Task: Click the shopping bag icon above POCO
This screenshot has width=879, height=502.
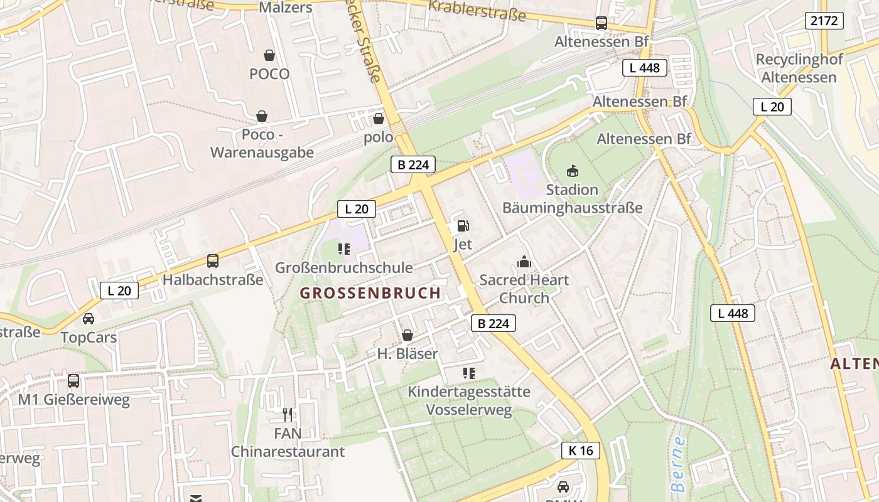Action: coord(269,55)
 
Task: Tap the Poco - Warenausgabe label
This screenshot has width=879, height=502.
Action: coord(262,144)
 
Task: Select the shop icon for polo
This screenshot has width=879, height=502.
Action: coord(379,119)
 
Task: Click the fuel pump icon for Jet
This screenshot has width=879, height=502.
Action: coord(463,226)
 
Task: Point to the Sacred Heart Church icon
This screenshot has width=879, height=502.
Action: coord(524,262)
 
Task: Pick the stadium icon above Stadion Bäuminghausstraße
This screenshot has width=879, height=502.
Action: coord(573,171)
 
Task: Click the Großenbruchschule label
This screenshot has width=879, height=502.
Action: coord(344,268)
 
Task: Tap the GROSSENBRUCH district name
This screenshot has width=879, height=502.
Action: coord(370,293)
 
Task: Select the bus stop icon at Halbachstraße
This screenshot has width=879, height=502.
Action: coord(213,261)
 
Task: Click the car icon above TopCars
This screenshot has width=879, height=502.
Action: coord(89,319)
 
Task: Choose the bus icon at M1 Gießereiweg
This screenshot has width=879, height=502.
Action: coord(73,380)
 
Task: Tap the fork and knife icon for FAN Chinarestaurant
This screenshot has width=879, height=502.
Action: coord(288,414)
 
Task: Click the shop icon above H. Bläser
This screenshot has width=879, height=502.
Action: coord(407,336)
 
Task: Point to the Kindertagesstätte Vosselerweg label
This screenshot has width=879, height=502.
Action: coord(469,401)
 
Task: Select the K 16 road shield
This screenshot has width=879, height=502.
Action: coord(580,451)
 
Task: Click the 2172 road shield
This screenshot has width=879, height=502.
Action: coord(824,21)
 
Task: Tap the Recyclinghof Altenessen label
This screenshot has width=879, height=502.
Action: coord(799,68)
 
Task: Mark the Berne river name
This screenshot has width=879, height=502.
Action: coord(678,464)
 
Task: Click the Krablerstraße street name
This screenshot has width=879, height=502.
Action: coord(477,9)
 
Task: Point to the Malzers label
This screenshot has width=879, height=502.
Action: coord(286,8)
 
